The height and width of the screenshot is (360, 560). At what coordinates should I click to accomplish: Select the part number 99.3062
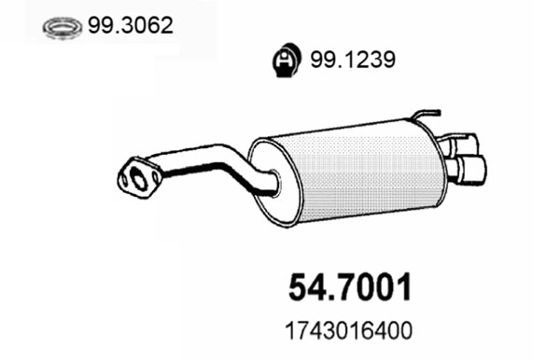[131, 26]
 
